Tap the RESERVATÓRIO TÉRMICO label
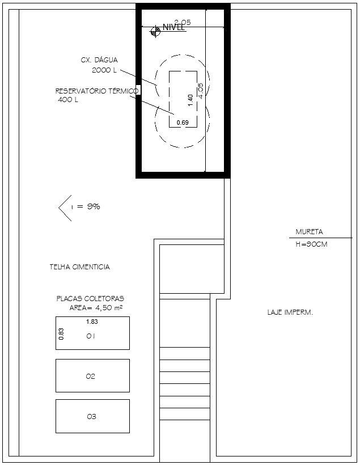click(x=96, y=91)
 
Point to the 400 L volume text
click(x=68, y=100)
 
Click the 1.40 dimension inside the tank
click(x=190, y=98)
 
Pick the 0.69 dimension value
click(x=183, y=122)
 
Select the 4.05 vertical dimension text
click(x=200, y=91)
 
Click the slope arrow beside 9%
click(x=64, y=207)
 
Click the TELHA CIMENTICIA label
click(x=79, y=267)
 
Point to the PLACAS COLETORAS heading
click(x=90, y=298)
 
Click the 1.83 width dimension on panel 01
click(x=92, y=322)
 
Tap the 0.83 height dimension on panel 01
click(x=61, y=333)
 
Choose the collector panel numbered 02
click(x=92, y=375)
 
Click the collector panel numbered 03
click(x=92, y=416)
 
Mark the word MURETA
click(x=309, y=232)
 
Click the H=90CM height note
click(x=312, y=244)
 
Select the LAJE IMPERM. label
click(x=290, y=312)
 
